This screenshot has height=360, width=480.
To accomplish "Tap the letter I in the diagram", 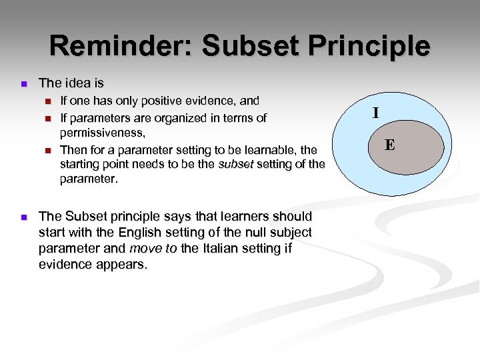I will [376, 113].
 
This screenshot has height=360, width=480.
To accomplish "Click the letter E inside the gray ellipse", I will [389, 145].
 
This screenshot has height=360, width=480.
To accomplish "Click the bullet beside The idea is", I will [23, 84].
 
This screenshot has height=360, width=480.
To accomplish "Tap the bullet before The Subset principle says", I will [23, 217].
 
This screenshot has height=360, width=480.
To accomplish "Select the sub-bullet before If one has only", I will [47, 102].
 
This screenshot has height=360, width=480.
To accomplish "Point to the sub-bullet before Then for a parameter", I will [47, 150].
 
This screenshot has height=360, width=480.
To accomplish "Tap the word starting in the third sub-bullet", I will [80, 164].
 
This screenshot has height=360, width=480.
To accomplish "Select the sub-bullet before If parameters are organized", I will [47, 119].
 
